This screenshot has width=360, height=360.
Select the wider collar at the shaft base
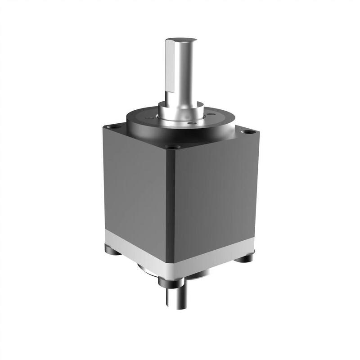point(180,112)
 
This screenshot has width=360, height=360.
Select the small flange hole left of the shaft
point(153,116)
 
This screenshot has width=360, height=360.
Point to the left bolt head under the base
point(112,249)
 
